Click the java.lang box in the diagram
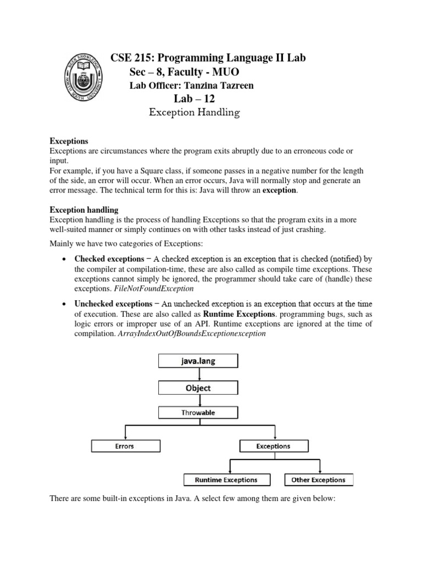198,361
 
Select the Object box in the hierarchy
198,388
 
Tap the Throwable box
198,412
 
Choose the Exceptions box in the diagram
273,446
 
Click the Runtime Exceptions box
226,479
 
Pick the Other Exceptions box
318,479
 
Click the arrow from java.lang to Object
198,374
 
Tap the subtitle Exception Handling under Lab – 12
195,113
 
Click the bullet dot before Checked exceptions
65,259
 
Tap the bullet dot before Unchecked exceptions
65,304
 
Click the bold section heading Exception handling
84,209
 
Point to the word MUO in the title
226,72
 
